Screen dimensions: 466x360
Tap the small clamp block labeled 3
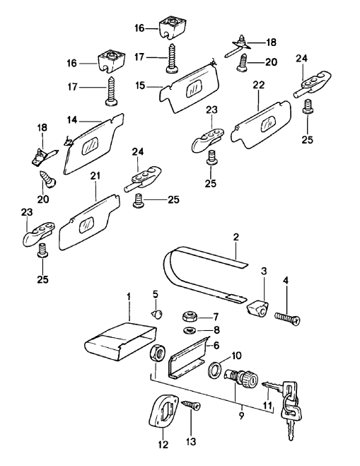click(260, 308)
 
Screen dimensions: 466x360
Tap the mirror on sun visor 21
click(86, 223)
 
